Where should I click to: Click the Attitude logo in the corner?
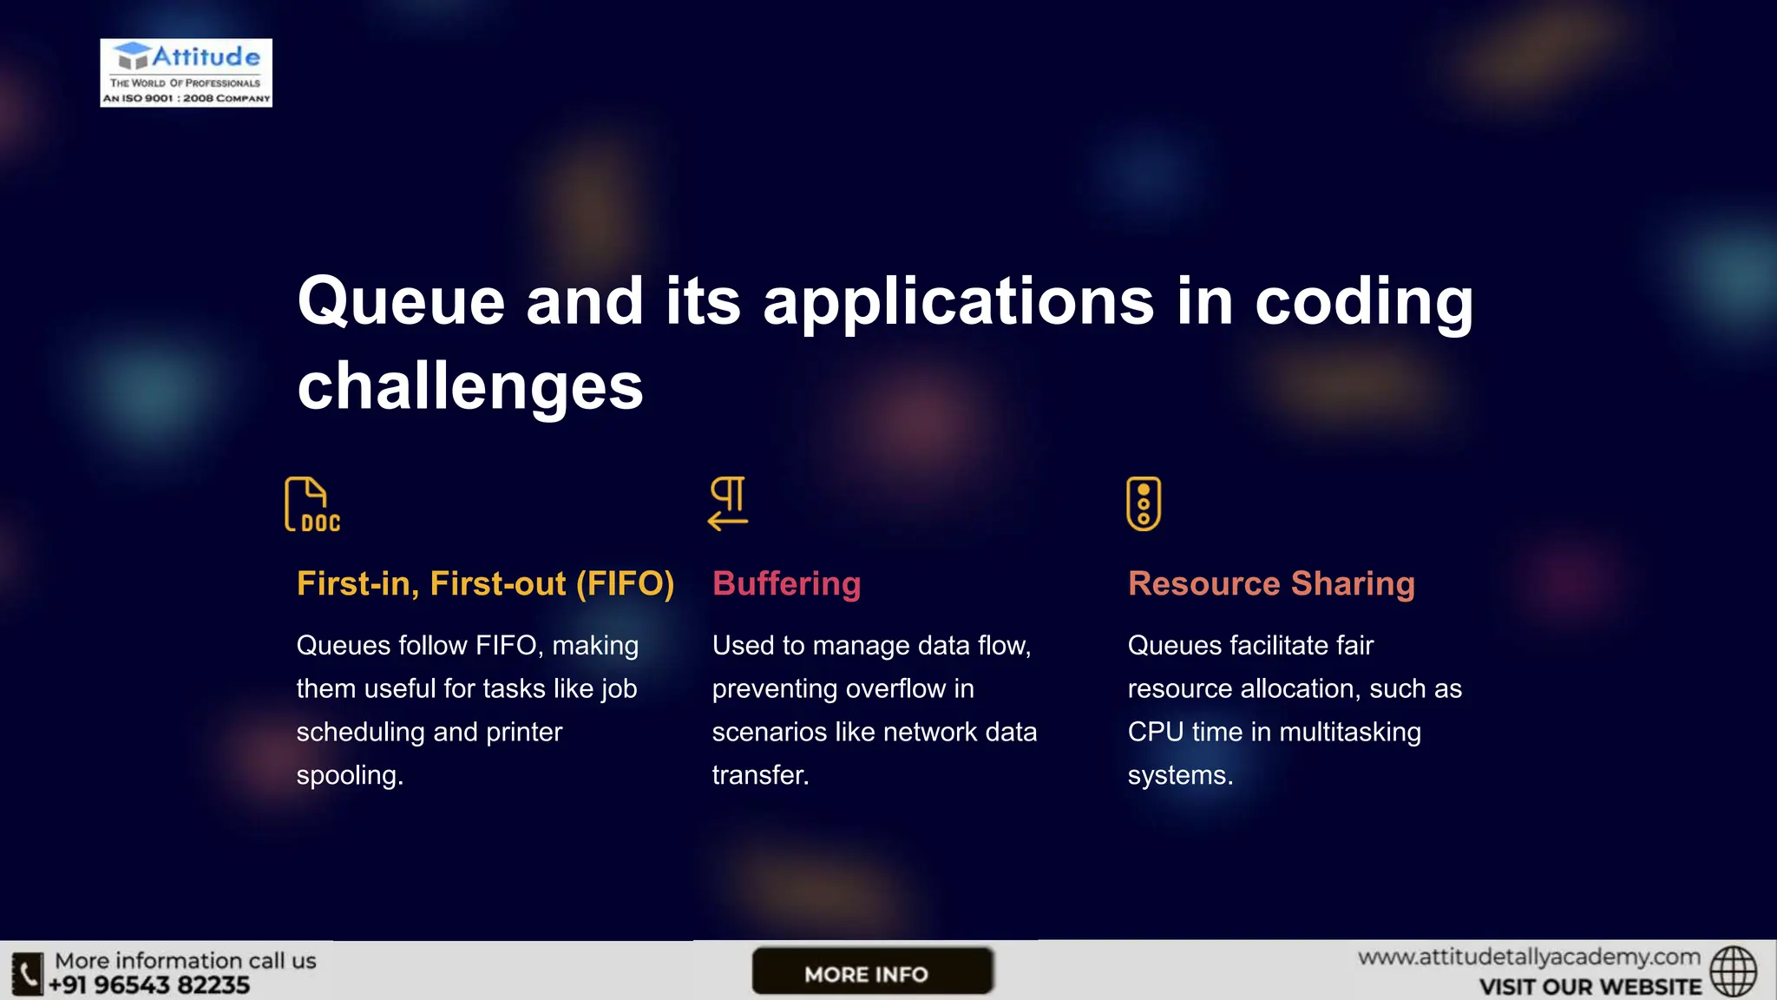click(186, 73)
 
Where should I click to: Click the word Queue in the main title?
click(401, 302)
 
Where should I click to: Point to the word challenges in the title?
click(469, 386)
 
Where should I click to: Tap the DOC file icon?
click(311, 504)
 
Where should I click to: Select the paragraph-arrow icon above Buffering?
click(728, 503)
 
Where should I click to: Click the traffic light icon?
click(1144, 503)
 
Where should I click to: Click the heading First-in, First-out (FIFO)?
click(485, 584)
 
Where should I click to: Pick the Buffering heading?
click(786, 584)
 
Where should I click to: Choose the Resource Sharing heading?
click(1271, 584)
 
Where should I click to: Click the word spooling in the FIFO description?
click(347, 775)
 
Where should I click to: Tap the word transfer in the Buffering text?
click(758, 775)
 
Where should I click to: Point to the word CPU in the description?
click(1155, 732)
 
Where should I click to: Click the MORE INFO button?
click(871, 972)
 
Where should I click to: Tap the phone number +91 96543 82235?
click(149, 985)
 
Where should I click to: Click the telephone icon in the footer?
click(27, 973)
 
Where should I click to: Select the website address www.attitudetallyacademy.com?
click(1529, 957)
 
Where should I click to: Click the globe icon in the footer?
click(1733, 971)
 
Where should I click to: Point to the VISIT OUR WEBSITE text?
click(1590, 987)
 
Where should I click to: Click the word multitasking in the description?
click(1349, 732)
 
